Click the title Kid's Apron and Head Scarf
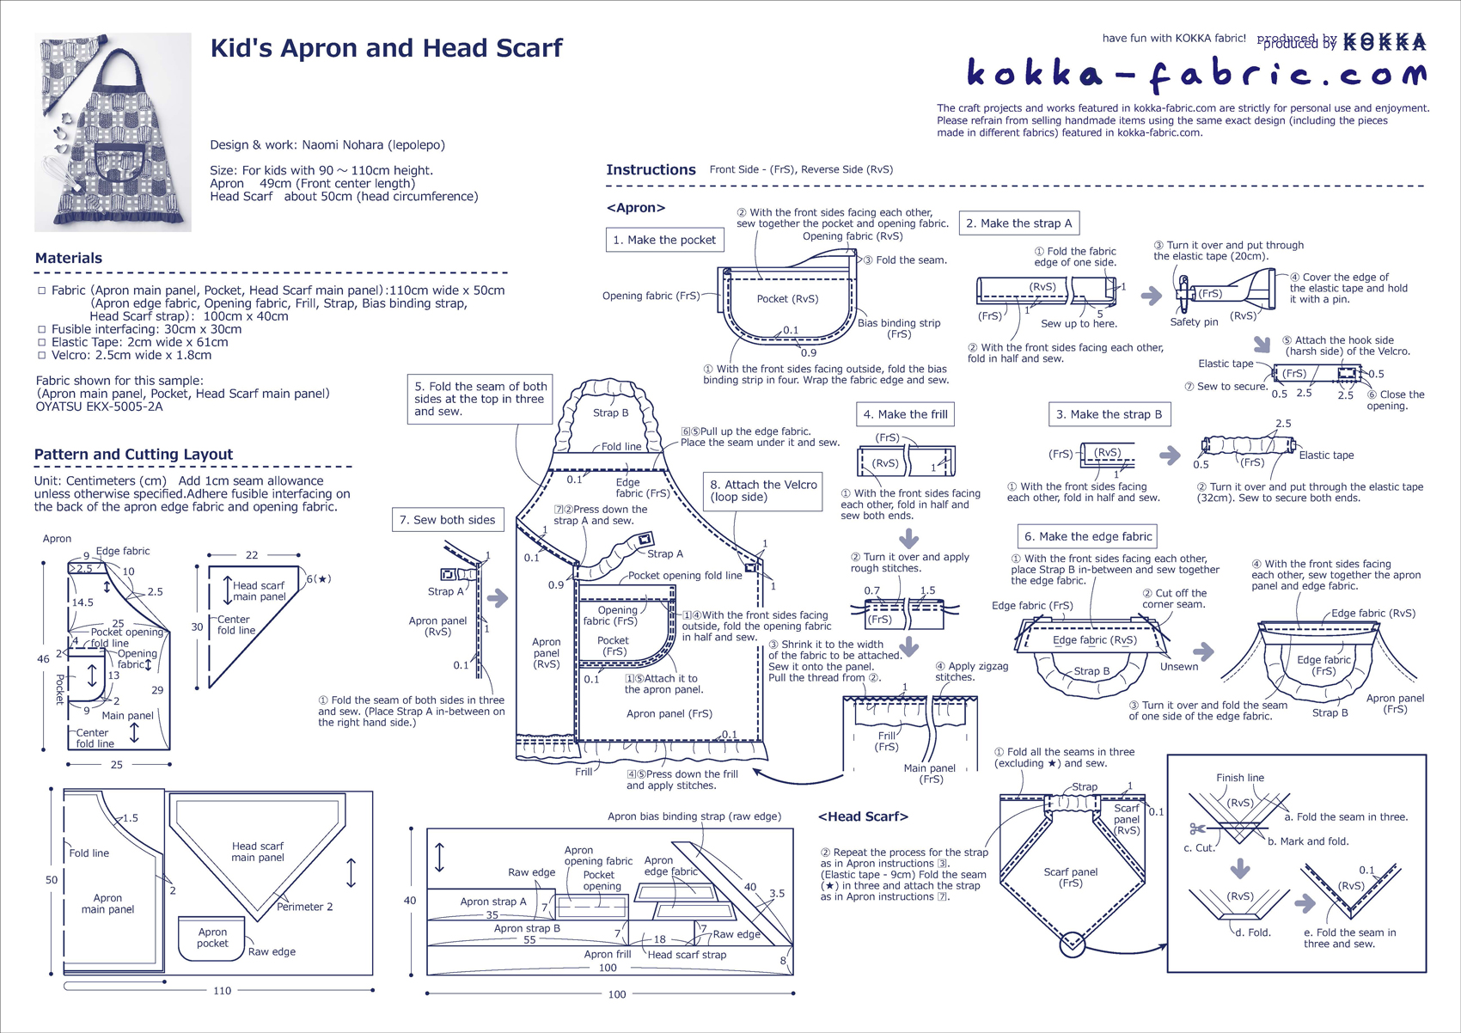click(386, 48)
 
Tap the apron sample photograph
click(113, 132)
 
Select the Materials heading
click(69, 258)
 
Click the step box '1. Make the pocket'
click(663, 240)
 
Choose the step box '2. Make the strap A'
click(1018, 223)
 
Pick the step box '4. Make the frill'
click(905, 414)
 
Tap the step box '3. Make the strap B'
click(1109, 414)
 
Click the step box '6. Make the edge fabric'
click(1086, 536)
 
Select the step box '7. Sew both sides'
click(447, 520)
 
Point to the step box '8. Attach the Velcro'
click(762, 491)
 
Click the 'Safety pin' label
click(1194, 322)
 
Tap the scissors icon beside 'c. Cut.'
click(1196, 829)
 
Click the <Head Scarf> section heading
click(863, 816)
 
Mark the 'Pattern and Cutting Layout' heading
click(133, 455)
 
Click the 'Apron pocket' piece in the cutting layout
click(211, 938)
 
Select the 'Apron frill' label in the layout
click(607, 954)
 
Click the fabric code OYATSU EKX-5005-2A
click(99, 406)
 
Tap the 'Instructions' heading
click(651, 170)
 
